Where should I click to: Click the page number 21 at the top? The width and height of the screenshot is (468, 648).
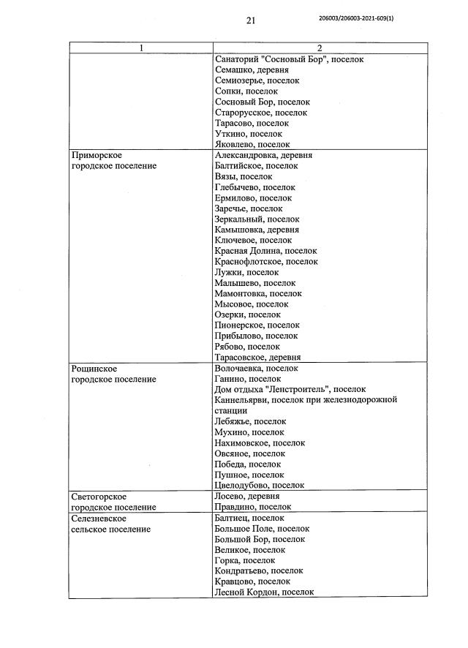(250, 21)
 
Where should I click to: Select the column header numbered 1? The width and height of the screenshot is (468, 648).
(141, 48)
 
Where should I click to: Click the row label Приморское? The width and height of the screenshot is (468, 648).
(96, 155)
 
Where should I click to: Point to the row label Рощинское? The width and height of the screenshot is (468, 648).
(94, 369)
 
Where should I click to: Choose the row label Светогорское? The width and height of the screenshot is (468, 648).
(99, 496)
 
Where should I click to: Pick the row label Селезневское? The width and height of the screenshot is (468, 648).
(100, 517)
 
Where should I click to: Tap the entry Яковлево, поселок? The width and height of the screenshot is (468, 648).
(253, 145)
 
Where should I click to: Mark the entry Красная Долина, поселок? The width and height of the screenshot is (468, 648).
(266, 251)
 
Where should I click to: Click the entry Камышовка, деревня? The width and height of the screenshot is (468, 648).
(257, 230)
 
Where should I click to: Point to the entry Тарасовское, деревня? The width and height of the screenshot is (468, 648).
(258, 358)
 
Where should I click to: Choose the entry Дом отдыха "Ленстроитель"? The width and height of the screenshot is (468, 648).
(290, 390)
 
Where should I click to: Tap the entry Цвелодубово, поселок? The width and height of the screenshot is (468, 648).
(260, 485)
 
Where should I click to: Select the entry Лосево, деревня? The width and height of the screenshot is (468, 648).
(247, 496)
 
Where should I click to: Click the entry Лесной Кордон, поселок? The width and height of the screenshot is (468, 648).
(265, 592)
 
